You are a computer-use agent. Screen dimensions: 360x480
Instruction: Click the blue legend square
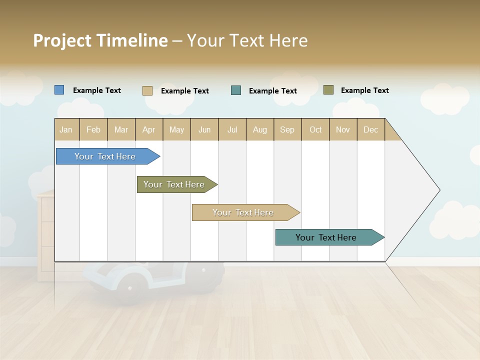pyautogui.click(x=59, y=90)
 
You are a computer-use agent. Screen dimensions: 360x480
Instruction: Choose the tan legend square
pyautogui.click(x=147, y=90)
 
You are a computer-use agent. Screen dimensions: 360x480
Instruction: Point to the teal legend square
pyautogui.click(x=236, y=90)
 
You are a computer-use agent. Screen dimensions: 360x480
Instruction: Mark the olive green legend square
pyautogui.click(x=328, y=90)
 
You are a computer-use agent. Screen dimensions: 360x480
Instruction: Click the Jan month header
pyautogui.click(x=66, y=129)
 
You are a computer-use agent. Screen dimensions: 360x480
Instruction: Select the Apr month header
pyautogui.click(x=148, y=129)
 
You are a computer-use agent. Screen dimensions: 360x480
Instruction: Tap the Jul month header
pyautogui.click(x=232, y=129)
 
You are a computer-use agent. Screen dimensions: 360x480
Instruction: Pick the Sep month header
pyautogui.click(x=287, y=129)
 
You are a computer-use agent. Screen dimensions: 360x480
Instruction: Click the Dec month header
pyautogui.click(x=370, y=129)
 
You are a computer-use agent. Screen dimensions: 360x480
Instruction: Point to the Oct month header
pyautogui.click(x=315, y=129)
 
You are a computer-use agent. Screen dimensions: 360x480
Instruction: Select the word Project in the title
pyautogui.click(x=62, y=40)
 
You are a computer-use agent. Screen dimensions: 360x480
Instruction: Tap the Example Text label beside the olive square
pyautogui.click(x=364, y=90)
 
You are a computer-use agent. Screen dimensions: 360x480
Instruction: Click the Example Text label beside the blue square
pyautogui.click(x=97, y=90)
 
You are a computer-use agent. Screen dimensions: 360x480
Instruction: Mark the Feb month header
pyautogui.click(x=93, y=129)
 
